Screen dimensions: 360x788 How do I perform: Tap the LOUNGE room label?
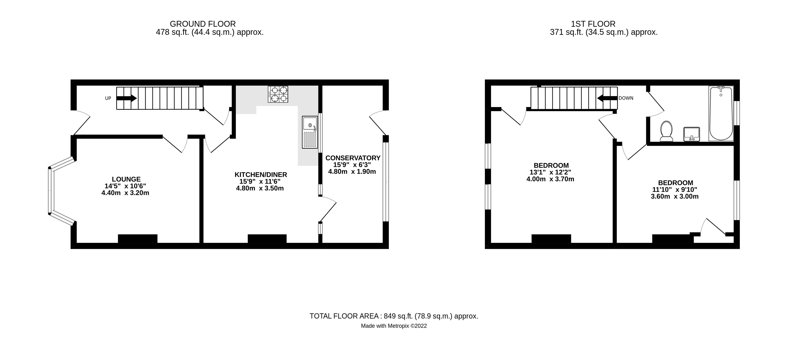(126, 179)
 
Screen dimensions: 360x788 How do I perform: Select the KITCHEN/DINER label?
(261, 175)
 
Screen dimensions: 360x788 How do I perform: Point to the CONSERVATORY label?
(353, 158)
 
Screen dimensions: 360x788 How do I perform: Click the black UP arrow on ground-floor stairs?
(126, 98)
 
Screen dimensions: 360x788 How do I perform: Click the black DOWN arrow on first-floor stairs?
(606, 98)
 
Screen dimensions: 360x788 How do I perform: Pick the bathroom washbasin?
(692, 134)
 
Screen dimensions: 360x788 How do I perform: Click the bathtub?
(721, 113)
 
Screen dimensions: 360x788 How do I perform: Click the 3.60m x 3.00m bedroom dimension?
(675, 196)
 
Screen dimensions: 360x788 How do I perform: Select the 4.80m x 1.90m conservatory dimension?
(352, 172)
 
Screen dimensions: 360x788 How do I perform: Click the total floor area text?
(394, 316)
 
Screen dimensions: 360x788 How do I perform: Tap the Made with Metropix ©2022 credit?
(394, 326)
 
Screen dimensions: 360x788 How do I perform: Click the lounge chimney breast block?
(138, 239)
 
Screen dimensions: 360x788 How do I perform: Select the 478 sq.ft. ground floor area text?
(210, 32)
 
